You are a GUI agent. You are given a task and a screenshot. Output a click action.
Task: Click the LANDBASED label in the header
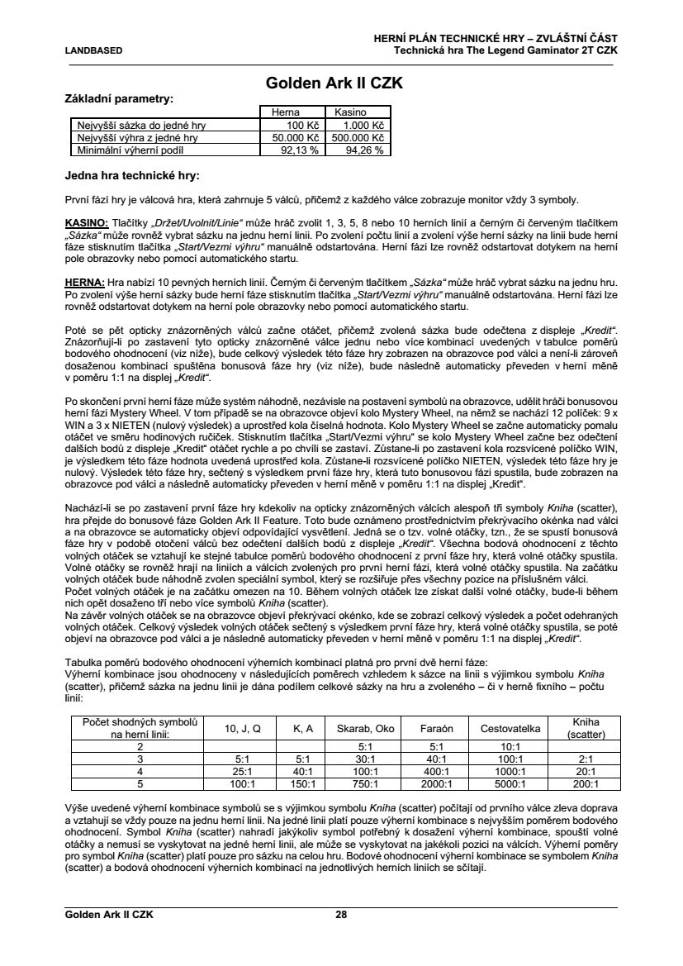pyautogui.click(x=93, y=50)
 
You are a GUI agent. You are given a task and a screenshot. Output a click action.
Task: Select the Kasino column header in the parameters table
pyautogui.click(x=350, y=112)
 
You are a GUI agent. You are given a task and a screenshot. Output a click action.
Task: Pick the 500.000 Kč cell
pyautogui.click(x=358, y=138)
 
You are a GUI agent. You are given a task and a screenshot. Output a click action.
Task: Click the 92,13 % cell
pyautogui.click(x=288, y=150)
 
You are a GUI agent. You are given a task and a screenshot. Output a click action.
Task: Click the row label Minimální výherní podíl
pyautogui.click(x=128, y=150)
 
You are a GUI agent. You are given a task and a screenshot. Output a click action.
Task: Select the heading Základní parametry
pyautogui.click(x=119, y=98)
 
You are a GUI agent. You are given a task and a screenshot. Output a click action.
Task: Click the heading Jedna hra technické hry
pyautogui.click(x=131, y=176)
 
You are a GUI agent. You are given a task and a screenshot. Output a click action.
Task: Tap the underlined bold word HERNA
pyautogui.click(x=84, y=281)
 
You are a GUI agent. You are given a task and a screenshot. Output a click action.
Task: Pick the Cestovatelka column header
pyautogui.click(x=505, y=728)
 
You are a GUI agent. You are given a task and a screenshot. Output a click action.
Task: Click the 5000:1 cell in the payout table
pyautogui.click(x=505, y=784)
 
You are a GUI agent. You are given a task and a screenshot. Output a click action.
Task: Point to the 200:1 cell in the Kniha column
pyautogui.click(x=585, y=784)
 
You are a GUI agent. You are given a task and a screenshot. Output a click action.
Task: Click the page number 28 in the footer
pyautogui.click(x=341, y=915)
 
